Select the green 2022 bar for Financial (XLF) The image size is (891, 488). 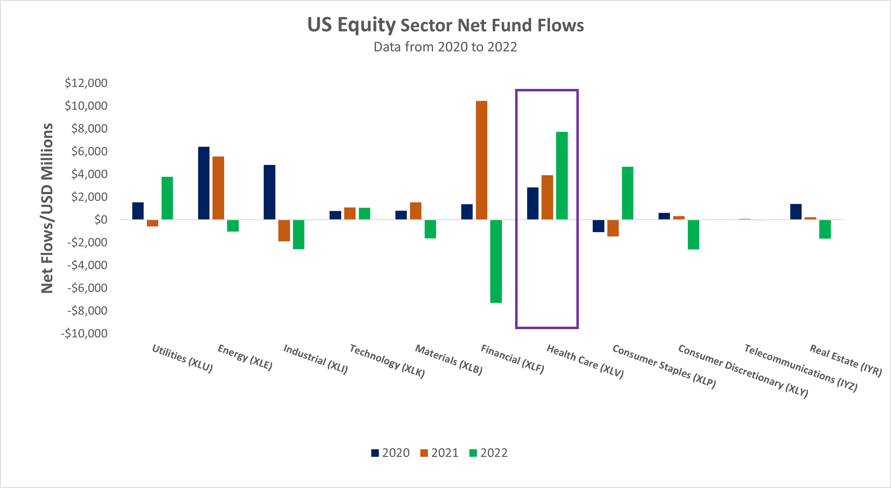496,261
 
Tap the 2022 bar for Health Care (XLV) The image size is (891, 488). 562,175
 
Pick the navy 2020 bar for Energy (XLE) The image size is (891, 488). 204,183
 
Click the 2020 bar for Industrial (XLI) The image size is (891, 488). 269,192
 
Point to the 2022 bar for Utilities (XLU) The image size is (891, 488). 167,198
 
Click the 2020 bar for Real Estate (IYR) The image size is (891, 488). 796,211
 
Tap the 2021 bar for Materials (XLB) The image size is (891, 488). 415,211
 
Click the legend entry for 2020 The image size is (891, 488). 390,453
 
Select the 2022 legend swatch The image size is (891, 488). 473,453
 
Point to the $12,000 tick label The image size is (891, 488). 86,83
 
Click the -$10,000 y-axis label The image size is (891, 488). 84,333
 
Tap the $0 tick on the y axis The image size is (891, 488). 101,219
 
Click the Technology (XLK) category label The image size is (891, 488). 387,361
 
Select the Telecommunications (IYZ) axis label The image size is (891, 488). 800,368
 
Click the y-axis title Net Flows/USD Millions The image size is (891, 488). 47,208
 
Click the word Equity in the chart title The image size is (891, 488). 366,25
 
